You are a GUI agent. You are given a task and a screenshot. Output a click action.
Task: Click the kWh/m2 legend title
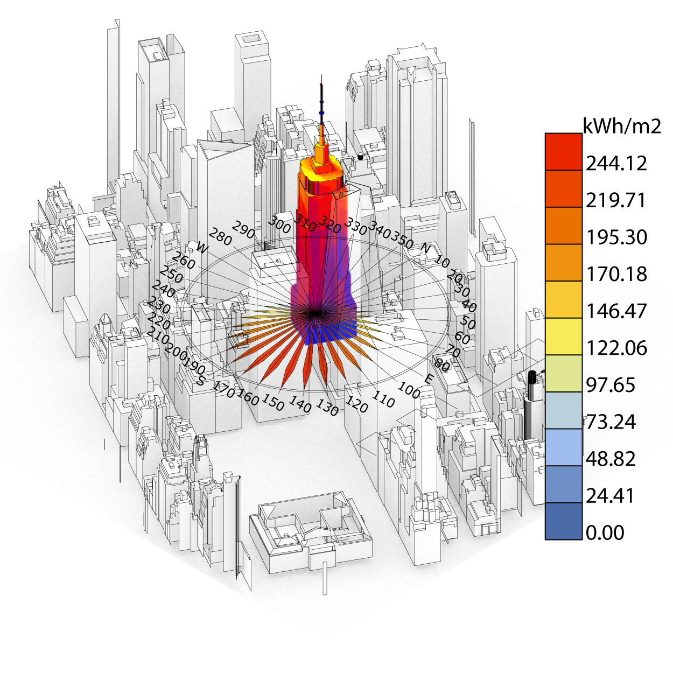click(x=622, y=126)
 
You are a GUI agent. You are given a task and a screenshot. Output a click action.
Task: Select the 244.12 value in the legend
click(x=616, y=163)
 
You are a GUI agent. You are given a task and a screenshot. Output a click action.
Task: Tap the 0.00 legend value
click(x=605, y=532)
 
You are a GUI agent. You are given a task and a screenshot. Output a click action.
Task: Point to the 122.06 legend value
click(x=616, y=348)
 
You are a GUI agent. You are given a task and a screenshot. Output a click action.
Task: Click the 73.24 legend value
click(x=611, y=422)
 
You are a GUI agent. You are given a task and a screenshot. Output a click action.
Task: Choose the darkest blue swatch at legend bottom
click(x=564, y=521)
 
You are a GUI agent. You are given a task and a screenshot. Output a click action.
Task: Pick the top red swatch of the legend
click(x=564, y=152)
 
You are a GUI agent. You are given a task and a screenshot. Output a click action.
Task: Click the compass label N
click(x=425, y=248)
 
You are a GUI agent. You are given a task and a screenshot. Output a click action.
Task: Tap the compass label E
click(x=429, y=379)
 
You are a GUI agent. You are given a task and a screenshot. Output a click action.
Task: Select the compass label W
click(x=202, y=248)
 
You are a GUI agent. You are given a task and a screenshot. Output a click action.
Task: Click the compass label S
click(x=200, y=380)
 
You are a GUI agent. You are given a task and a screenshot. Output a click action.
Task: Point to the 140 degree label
click(x=300, y=404)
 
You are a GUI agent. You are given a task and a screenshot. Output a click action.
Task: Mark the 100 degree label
click(x=409, y=390)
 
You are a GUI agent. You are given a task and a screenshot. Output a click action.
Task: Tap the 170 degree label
click(x=223, y=389)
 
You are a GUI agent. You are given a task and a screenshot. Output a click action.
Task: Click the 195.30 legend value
click(x=616, y=237)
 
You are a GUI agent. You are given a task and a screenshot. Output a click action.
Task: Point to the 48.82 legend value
click(x=611, y=459)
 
